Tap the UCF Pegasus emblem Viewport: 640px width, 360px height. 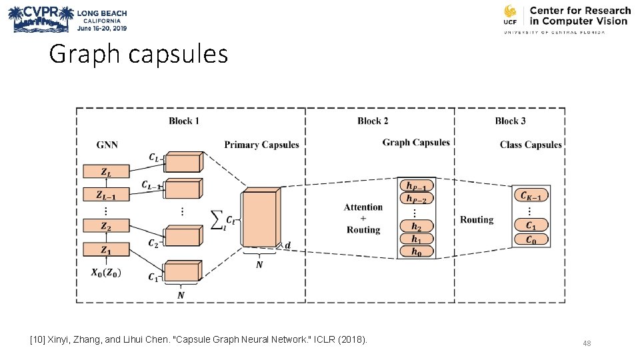tap(511, 14)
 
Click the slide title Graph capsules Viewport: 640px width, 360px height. tap(138, 54)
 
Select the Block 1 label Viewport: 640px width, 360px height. tap(184, 121)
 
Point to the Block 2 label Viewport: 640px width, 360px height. tap(373, 121)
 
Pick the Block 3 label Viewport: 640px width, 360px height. tap(510, 121)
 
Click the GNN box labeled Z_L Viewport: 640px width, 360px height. tap(106, 171)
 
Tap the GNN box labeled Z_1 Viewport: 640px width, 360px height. tap(106, 250)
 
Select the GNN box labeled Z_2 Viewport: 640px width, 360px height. tap(106, 227)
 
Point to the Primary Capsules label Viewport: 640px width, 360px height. tap(261, 145)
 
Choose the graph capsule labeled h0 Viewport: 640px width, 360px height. tap(416, 252)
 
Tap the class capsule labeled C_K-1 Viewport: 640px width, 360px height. tap(531, 195)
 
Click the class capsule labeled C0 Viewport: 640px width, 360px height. tap(531, 239)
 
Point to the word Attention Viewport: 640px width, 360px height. tap(363, 207)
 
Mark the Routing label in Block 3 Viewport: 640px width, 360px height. tap(477, 219)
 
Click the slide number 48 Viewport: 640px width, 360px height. tap(587, 343)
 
